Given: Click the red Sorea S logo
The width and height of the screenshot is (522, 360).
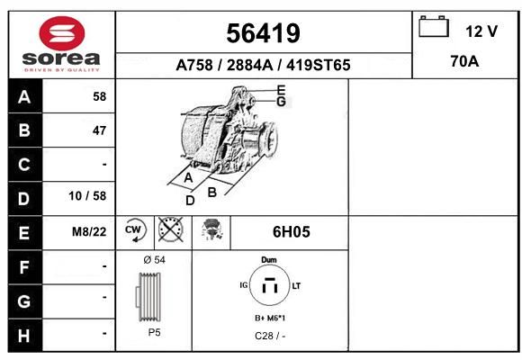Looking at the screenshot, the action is pos(62,33).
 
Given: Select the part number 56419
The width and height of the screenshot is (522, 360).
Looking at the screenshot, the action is pos(263,33).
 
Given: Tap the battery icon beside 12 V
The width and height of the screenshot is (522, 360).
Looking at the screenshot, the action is pos(434,26).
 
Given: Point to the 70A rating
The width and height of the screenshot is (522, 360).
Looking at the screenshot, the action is pos(464,61).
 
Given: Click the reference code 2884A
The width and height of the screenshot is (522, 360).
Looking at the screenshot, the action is pos(249,65).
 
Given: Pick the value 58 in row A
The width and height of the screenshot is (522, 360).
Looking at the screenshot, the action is pos(100,96).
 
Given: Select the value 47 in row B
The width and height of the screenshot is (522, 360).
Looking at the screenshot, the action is pos(100,130).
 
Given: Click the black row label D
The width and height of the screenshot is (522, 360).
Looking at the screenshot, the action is pos(24,199).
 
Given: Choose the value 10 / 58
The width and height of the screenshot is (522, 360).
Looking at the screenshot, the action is pos(87,196).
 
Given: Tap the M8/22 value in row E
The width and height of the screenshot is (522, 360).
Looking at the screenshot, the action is pos(89,231).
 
